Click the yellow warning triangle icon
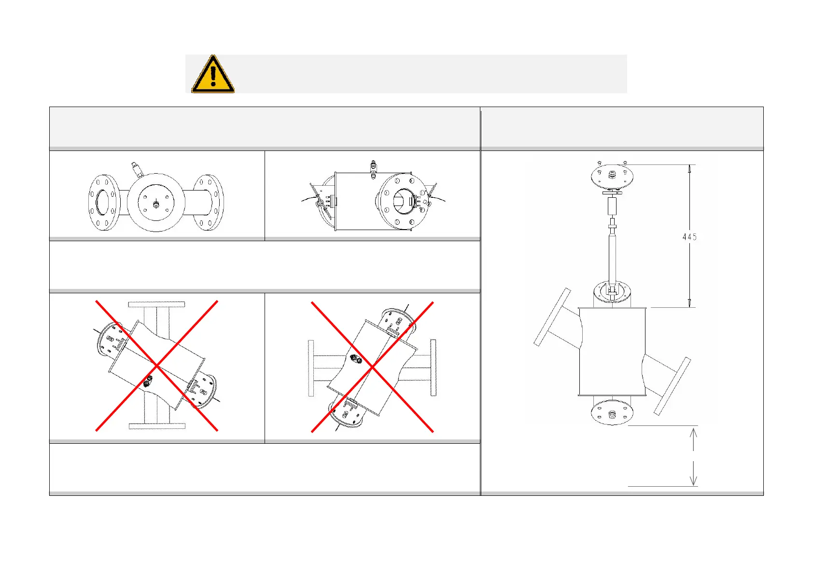coord(213,75)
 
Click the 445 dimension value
coord(689,237)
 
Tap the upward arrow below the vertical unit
coord(693,439)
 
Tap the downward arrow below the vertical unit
coord(693,474)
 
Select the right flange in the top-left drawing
coord(209,202)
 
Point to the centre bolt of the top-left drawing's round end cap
coord(156,205)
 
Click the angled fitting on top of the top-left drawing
coord(137,169)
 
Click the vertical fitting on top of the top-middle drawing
coord(373,169)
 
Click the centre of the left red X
coord(157,366)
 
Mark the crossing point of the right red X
coord(372,367)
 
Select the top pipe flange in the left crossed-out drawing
coord(156,304)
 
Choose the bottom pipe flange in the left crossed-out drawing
coord(157,426)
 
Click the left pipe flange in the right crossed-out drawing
coord(311,368)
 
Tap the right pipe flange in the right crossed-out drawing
coord(434,368)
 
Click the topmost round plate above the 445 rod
coord(612,178)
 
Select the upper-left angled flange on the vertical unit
coord(552,317)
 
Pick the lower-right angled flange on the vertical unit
coord(673,386)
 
